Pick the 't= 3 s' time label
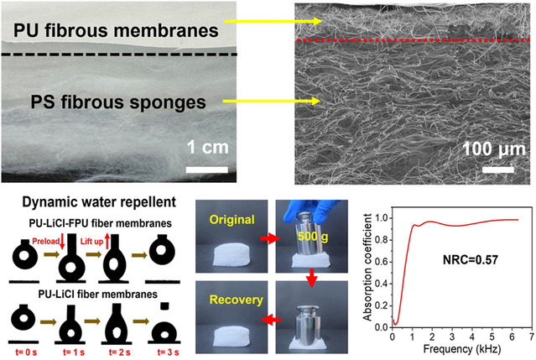pos(166,344)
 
